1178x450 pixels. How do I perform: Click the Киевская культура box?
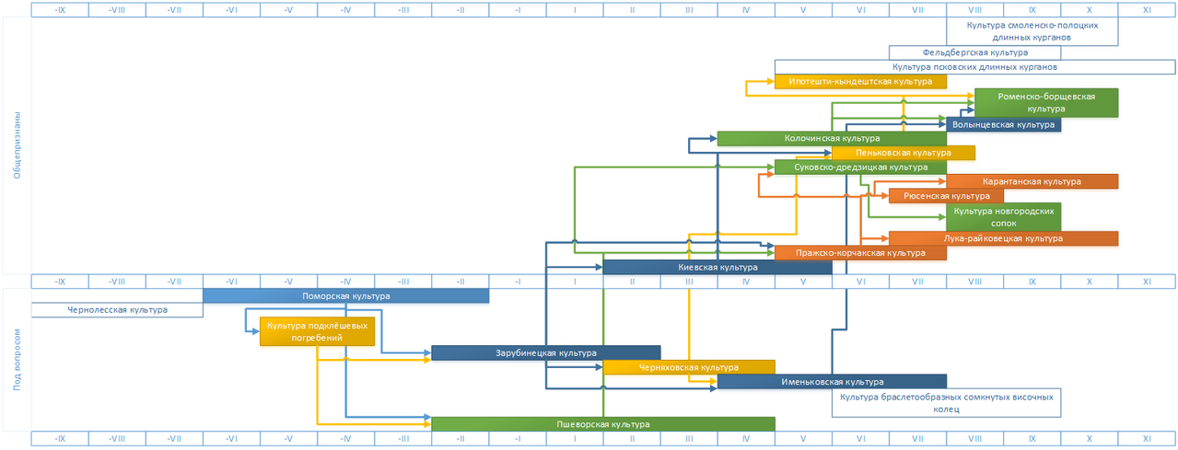click(x=717, y=267)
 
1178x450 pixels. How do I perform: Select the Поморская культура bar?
click(x=345, y=296)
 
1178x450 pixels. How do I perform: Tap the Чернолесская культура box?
click(x=117, y=310)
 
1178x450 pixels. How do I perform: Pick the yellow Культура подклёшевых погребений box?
click(x=317, y=331)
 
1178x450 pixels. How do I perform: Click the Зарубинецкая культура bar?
click(x=545, y=352)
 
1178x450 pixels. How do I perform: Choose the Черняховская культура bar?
click(x=688, y=367)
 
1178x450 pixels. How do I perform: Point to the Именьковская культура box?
click(x=832, y=382)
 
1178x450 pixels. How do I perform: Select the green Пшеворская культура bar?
click(x=602, y=424)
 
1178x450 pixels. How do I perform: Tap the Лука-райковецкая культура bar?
click(x=1003, y=238)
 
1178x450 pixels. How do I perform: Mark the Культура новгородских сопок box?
click(x=1003, y=217)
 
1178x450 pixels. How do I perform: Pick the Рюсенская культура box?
click(x=946, y=196)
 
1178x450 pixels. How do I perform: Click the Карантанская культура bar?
click(x=1032, y=182)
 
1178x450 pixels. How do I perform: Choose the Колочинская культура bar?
click(x=831, y=138)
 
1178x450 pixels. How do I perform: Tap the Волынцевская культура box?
click(x=1003, y=124)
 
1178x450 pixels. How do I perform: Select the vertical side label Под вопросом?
click(x=17, y=360)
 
